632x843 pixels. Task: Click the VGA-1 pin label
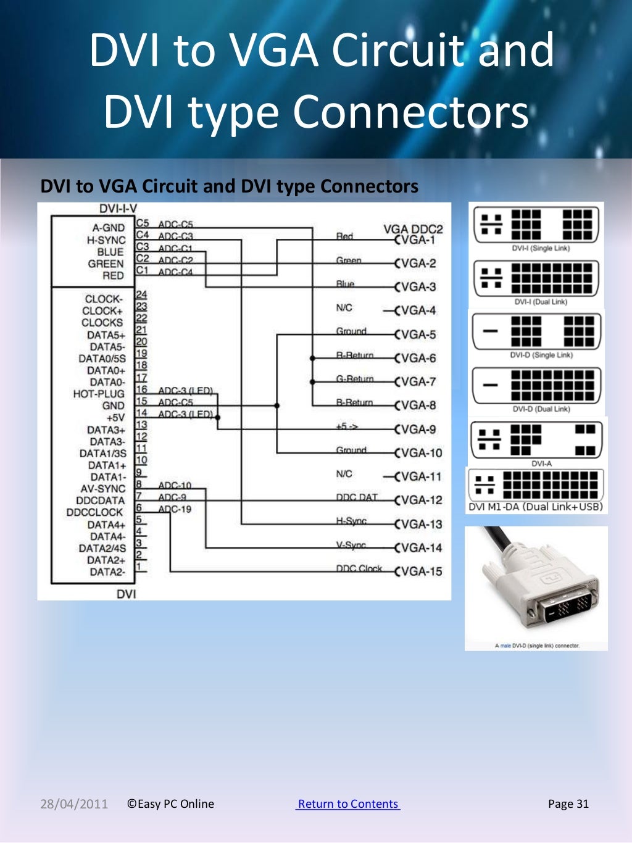coord(418,240)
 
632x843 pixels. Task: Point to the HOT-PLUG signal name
coord(99,394)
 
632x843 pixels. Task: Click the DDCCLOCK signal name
coord(95,512)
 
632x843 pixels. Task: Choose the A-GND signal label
coord(109,228)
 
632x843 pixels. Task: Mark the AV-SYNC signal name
coord(103,489)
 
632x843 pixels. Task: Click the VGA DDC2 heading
coord(413,229)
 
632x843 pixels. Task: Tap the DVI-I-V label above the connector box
coord(118,209)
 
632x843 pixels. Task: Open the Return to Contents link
coord(348,804)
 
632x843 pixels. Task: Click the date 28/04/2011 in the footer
coord(74,804)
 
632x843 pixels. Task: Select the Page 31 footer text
coord(568,804)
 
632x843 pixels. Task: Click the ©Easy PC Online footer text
coord(170,804)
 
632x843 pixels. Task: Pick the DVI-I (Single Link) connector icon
coord(536,224)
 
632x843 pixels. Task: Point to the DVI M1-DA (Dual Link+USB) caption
coord(535,507)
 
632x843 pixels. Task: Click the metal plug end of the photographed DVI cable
coord(567,608)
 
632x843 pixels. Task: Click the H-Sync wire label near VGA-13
coord(351,521)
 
